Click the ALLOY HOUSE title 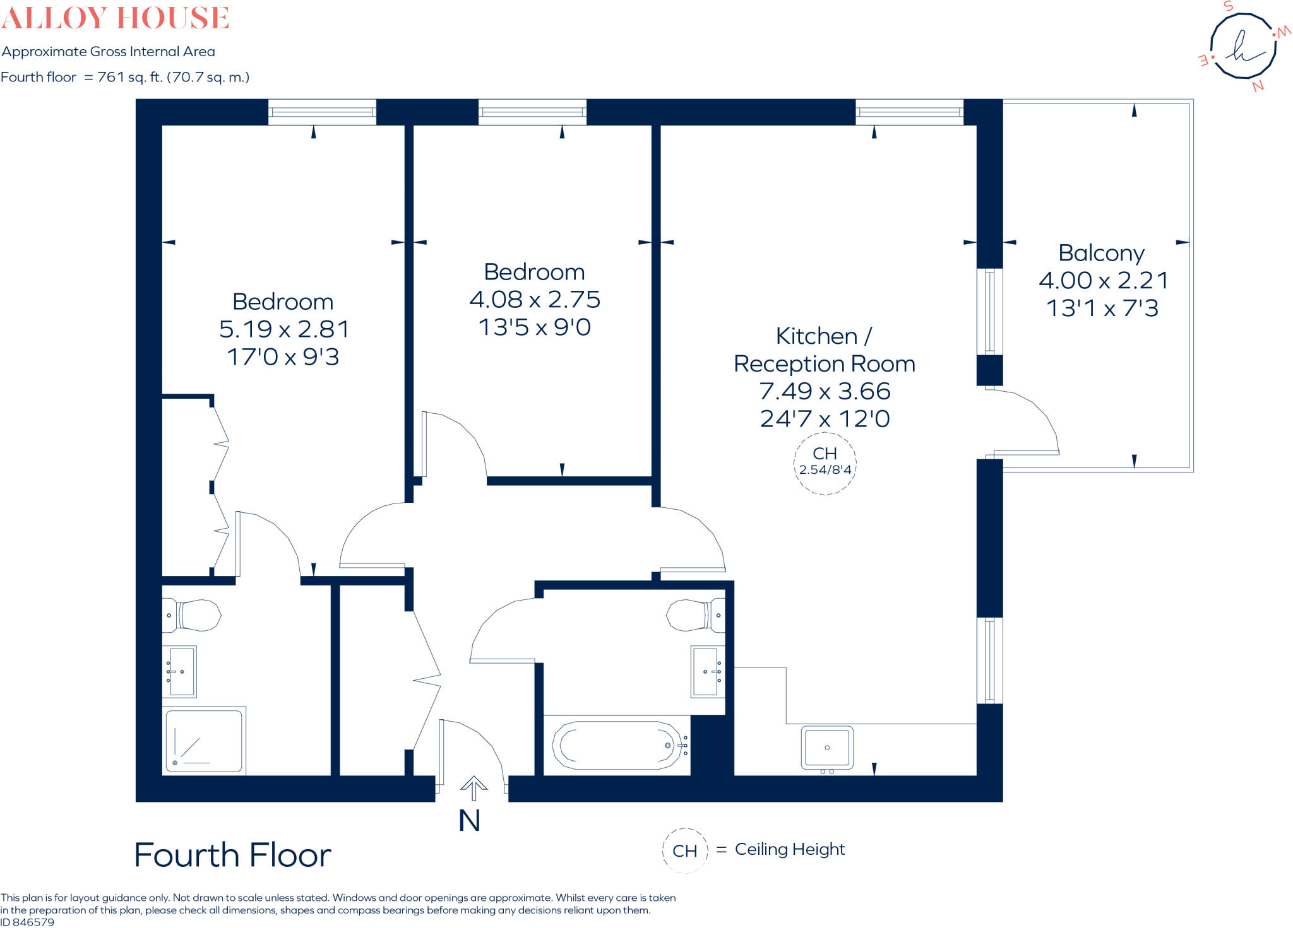pos(115,18)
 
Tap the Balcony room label pos(1101,253)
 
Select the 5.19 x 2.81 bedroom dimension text pos(283,329)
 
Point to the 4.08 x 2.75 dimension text pos(534,300)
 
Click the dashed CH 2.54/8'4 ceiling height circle pos(825,464)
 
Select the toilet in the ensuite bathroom pos(193,614)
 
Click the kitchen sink pos(827,748)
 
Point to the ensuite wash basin pos(181,671)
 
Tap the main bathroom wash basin pos(706,671)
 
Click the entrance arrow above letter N pos(474,787)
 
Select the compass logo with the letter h pos(1242,46)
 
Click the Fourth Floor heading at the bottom pos(232,855)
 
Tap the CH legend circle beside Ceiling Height pos(685,850)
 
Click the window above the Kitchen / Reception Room pos(909,112)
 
